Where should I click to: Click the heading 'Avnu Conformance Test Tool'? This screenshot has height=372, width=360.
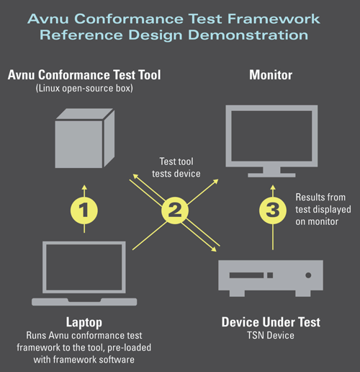click(84, 74)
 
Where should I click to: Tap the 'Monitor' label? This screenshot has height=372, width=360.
click(271, 74)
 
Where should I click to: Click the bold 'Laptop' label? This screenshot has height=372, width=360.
click(85, 322)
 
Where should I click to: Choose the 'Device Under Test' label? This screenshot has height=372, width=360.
click(271, 322)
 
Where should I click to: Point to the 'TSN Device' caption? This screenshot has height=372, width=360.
click(271, 335)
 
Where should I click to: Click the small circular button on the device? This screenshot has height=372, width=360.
click(308, 275)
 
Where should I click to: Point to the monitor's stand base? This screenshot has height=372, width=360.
click(271, 172)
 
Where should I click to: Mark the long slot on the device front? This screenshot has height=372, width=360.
click(253, 275)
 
